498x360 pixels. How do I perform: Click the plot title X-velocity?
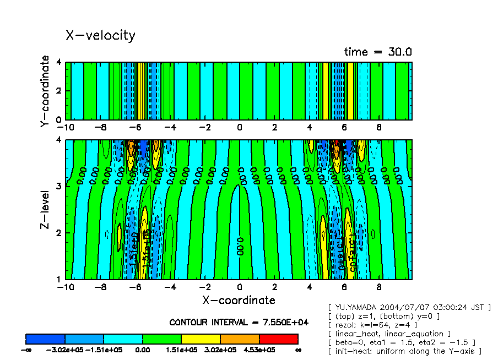[100, 35]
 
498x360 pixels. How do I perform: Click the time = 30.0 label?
[378, 52]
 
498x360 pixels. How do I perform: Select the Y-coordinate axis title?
[45, 91]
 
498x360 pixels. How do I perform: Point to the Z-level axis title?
[45, 210]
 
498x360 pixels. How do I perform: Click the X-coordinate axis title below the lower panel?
[239, 300]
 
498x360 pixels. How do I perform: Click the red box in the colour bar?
[278, 339]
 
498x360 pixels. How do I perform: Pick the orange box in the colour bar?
[240, 339]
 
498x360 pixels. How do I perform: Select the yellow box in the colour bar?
[201, 339]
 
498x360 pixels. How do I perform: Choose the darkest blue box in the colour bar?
[46, 339]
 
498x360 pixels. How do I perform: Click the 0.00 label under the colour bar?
[143, 350]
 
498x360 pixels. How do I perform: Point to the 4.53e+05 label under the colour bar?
[259, 350]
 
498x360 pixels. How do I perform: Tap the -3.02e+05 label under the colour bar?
[65, 350]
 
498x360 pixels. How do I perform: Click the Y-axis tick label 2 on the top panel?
[59, 91]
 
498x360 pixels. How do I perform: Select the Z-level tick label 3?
[59, 186]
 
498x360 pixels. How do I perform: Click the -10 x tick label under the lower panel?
[66, 287]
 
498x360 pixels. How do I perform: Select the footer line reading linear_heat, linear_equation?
[393, 334]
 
